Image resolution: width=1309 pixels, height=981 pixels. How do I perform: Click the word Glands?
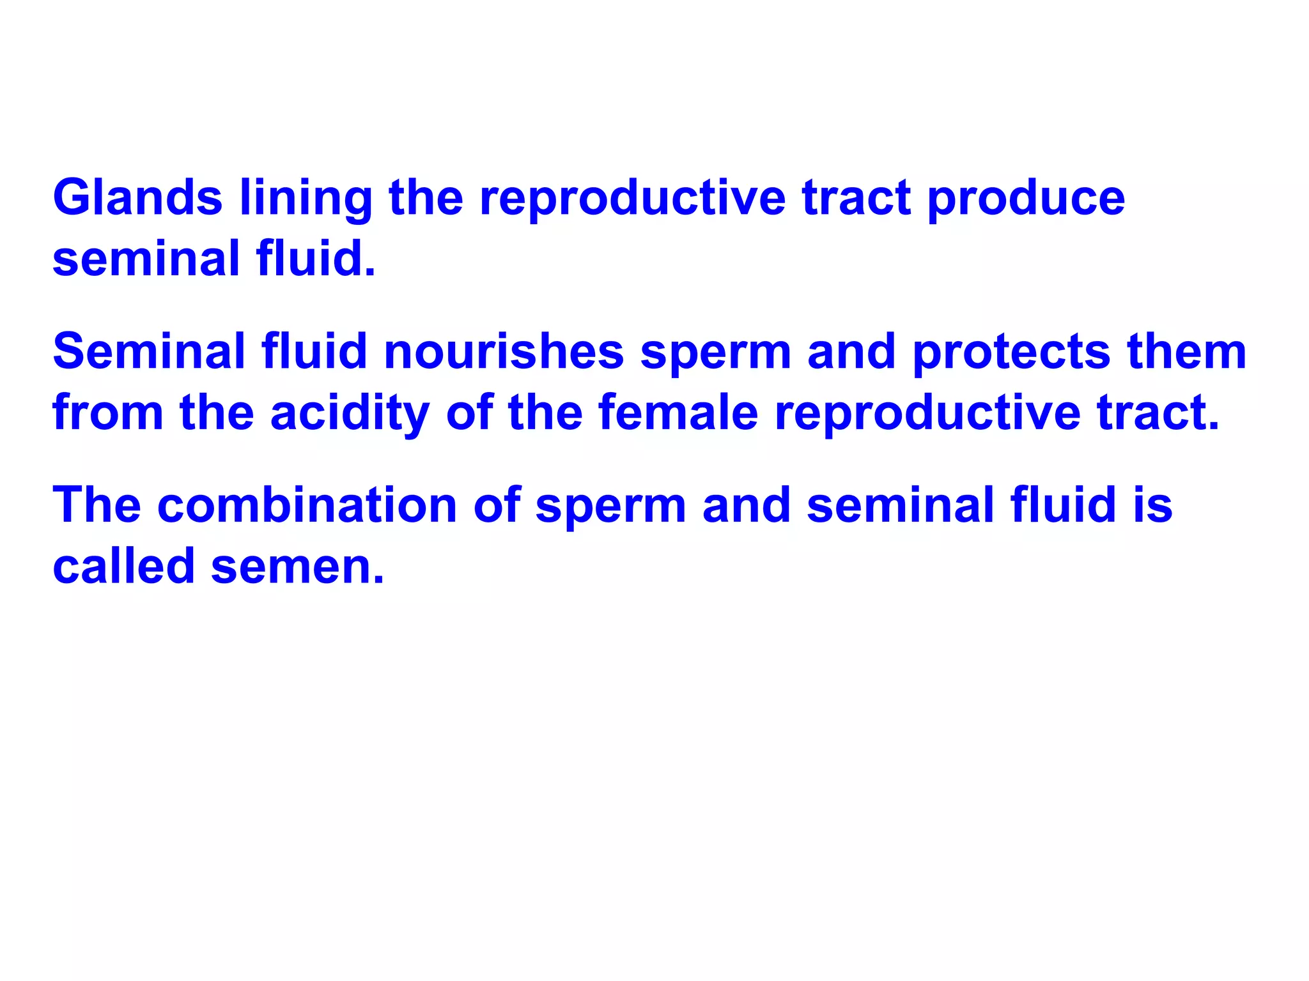click(137, 197)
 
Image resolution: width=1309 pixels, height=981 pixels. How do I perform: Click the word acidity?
click(350, 414)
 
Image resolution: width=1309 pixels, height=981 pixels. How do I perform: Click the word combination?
click(307, 505)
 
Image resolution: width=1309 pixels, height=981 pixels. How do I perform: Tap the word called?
click(123, 566)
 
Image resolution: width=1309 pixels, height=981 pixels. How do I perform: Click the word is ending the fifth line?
click(1152, 505)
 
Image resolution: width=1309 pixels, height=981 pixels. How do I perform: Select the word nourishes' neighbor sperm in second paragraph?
click(715, 353)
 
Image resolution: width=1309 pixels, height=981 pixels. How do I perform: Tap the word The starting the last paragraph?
click(97, 505)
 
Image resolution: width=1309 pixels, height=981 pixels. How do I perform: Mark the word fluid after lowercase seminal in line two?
click(316, 259)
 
